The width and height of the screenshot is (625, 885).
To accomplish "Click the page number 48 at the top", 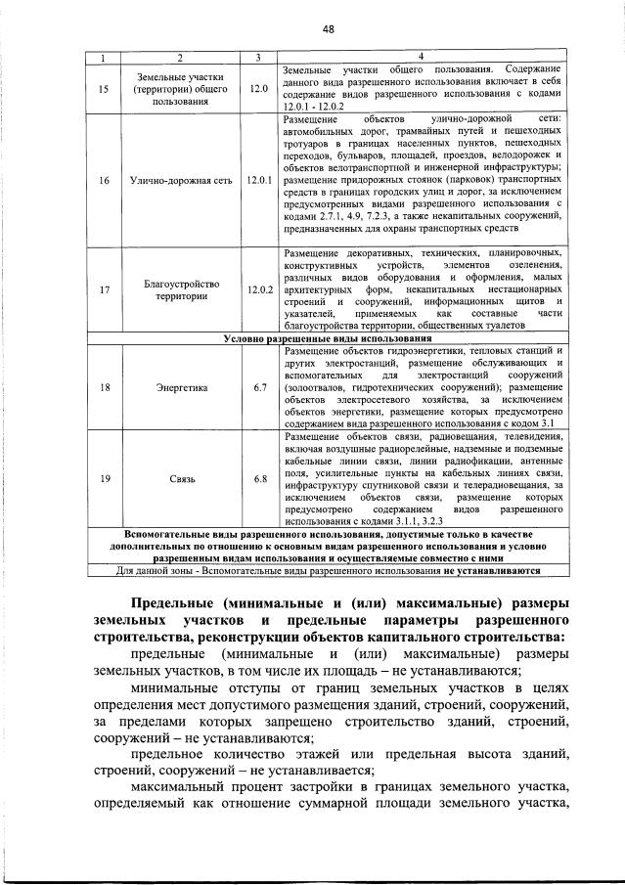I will coord(328,29).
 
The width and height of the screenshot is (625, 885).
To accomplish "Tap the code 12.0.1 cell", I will coord(258,180).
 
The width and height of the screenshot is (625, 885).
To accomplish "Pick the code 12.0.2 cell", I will coord(258,289).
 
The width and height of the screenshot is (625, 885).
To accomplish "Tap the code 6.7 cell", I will coord(258,387).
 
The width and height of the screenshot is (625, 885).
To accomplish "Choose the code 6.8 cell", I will coord(258,479).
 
